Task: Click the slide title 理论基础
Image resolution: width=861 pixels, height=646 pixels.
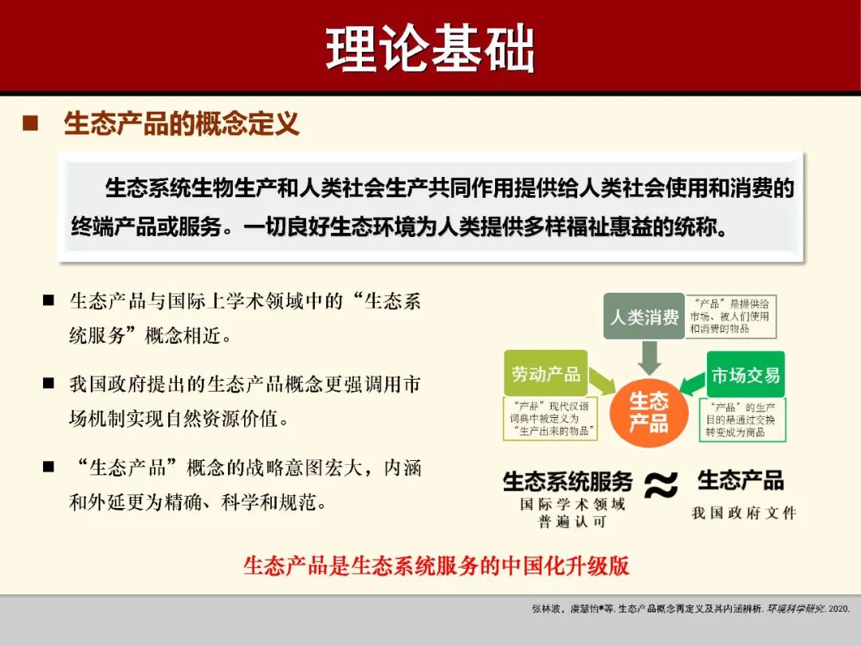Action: [x=430, y=49]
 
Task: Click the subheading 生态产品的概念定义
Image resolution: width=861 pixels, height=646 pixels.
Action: [x=182, y=124]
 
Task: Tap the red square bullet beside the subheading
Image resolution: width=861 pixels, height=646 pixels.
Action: [x=30, y=124]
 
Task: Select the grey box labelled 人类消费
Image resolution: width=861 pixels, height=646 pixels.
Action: [x=643, y=317]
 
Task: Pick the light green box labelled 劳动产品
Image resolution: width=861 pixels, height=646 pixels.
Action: [x=545, y=373]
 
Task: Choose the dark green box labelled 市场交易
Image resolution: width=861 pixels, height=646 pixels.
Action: [x=745, y=374]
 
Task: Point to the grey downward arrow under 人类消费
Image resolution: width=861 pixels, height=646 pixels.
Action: [x=650, y=357]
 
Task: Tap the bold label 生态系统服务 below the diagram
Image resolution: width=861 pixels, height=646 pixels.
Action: [x=568, y=481]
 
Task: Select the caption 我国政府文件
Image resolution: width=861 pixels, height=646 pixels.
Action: [x=744, y=513]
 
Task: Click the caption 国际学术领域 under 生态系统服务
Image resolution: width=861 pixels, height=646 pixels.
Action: [x=572, y=504]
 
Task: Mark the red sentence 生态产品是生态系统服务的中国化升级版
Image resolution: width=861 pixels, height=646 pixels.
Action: [x=436, y=565]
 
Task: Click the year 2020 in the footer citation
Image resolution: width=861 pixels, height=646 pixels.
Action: [x=839, y=609]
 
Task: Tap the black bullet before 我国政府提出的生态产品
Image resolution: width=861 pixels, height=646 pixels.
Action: [x=49, y=384]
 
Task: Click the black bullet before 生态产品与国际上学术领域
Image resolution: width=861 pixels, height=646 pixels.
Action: [x=49, y=301]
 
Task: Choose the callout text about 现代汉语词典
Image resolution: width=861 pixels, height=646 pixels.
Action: [x=551, y=418]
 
